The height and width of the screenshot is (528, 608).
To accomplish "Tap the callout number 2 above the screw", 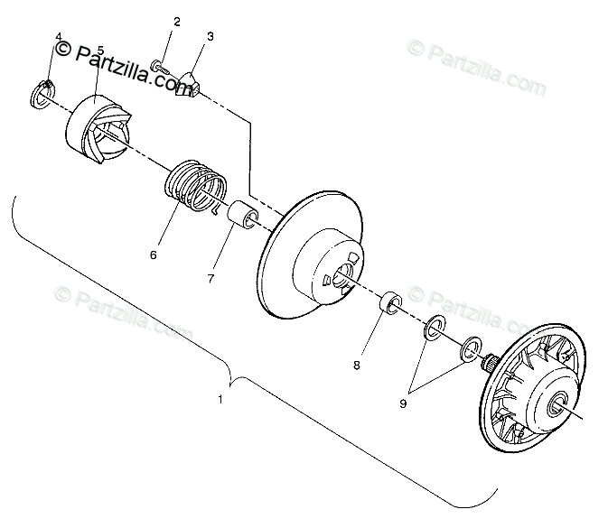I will [176, 22].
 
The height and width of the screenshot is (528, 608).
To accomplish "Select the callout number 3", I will [210, 37].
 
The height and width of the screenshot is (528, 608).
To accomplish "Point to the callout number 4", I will [59, 38].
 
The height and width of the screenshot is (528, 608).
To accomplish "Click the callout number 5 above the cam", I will [99, 51].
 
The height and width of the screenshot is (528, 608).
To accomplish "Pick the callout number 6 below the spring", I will [154, 255].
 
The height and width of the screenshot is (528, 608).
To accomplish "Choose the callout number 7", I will [210, 278].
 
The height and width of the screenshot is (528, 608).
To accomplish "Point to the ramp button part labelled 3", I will [191, 82].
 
